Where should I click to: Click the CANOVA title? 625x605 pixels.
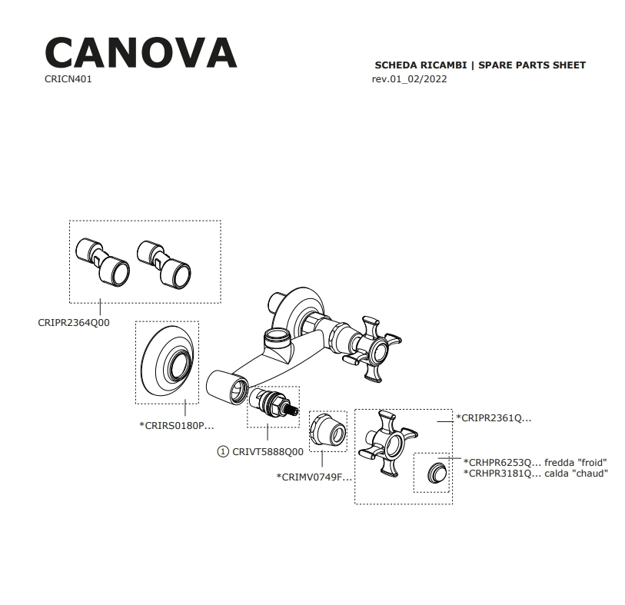coord(141,52)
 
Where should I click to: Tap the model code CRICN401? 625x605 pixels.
coord(68,79)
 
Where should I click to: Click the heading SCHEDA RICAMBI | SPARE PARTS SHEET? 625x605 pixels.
coord(480,65)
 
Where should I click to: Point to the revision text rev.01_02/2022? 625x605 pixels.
coord(409,79)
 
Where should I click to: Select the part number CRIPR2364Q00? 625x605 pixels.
coord(74,323)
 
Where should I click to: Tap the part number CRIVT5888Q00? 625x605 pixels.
coord(268,452)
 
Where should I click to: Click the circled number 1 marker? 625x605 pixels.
coord(224,452)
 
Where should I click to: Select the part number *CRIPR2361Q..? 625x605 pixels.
coord(494,418)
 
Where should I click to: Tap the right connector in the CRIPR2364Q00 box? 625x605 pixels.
coord(162,261)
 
